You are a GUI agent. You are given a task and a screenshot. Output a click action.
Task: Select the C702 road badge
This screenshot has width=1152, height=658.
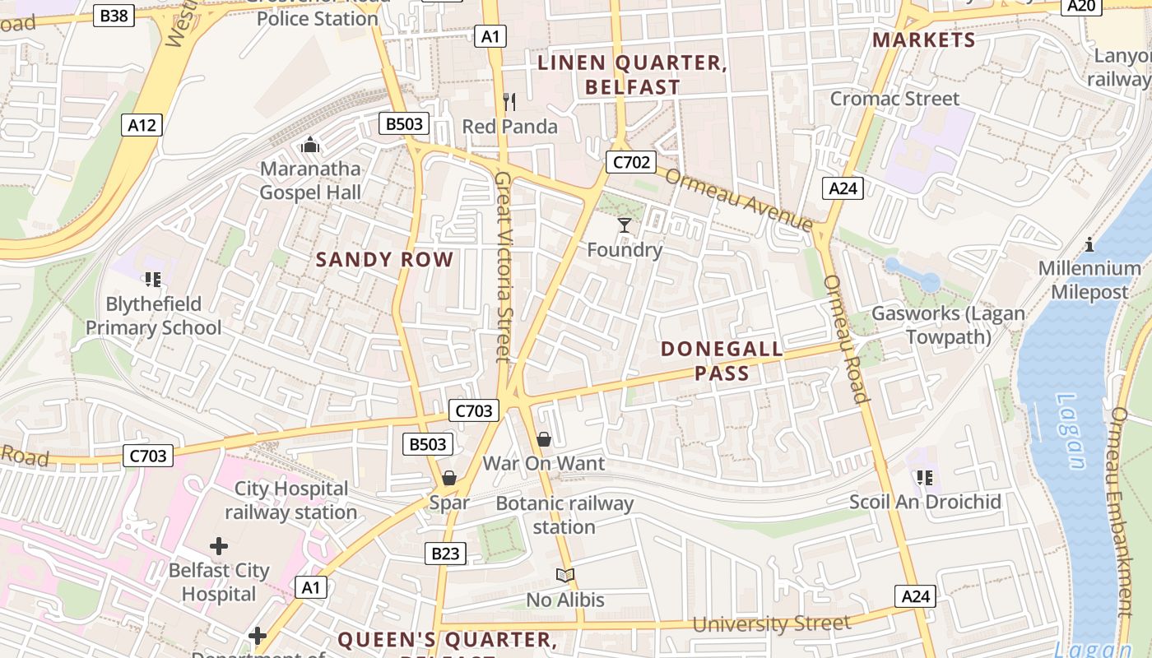tap(631, 162)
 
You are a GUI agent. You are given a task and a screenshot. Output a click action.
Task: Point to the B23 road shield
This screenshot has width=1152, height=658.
tap(445, 554)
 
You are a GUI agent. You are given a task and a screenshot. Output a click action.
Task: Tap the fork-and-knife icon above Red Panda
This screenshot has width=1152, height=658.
tap(509, 102)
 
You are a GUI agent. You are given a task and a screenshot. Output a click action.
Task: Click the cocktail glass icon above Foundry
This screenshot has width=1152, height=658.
tap(625, 225)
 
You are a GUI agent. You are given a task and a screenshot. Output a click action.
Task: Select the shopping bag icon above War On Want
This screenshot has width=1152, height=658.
tap(543, 439)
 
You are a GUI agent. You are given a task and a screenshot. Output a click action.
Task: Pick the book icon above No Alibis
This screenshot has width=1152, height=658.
tap(564, 575)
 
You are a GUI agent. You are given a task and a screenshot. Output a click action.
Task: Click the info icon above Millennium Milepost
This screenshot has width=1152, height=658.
tap(1089, 244)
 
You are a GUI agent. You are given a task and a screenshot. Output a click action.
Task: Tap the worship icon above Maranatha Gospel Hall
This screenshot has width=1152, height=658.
tap(310, 145)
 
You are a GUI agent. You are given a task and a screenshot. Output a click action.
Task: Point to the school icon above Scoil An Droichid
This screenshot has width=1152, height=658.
tap(925, 477)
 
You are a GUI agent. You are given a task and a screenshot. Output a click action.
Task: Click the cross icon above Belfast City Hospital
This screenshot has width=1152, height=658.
tap(218, 545)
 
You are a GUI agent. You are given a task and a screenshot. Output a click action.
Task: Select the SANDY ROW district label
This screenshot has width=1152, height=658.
tap(384, 260)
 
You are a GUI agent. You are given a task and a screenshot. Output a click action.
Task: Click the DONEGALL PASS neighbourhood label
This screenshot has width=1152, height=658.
tap(722, 361)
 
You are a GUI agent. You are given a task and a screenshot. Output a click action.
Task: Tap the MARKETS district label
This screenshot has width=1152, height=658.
tap(923, 40)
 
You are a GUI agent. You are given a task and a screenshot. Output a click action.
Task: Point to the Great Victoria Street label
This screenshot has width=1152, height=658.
tap(504, 266)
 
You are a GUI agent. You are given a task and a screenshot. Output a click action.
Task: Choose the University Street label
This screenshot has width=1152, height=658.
tap(771, 623)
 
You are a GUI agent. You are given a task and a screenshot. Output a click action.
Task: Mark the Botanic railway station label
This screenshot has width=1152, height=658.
tap(564, 515)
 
